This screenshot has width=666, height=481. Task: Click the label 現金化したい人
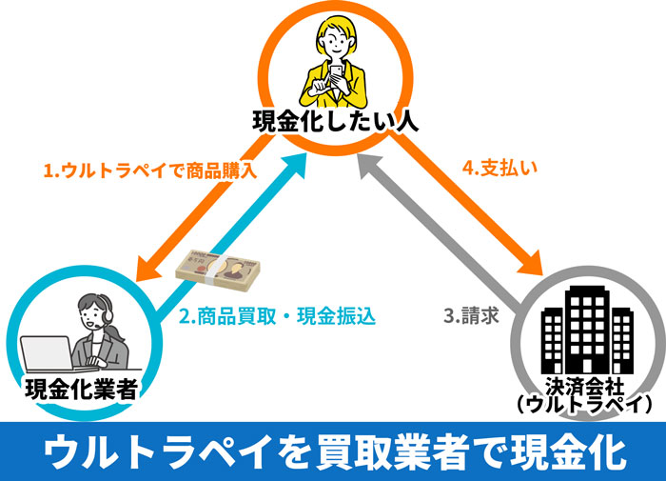[x=334, y=121]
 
